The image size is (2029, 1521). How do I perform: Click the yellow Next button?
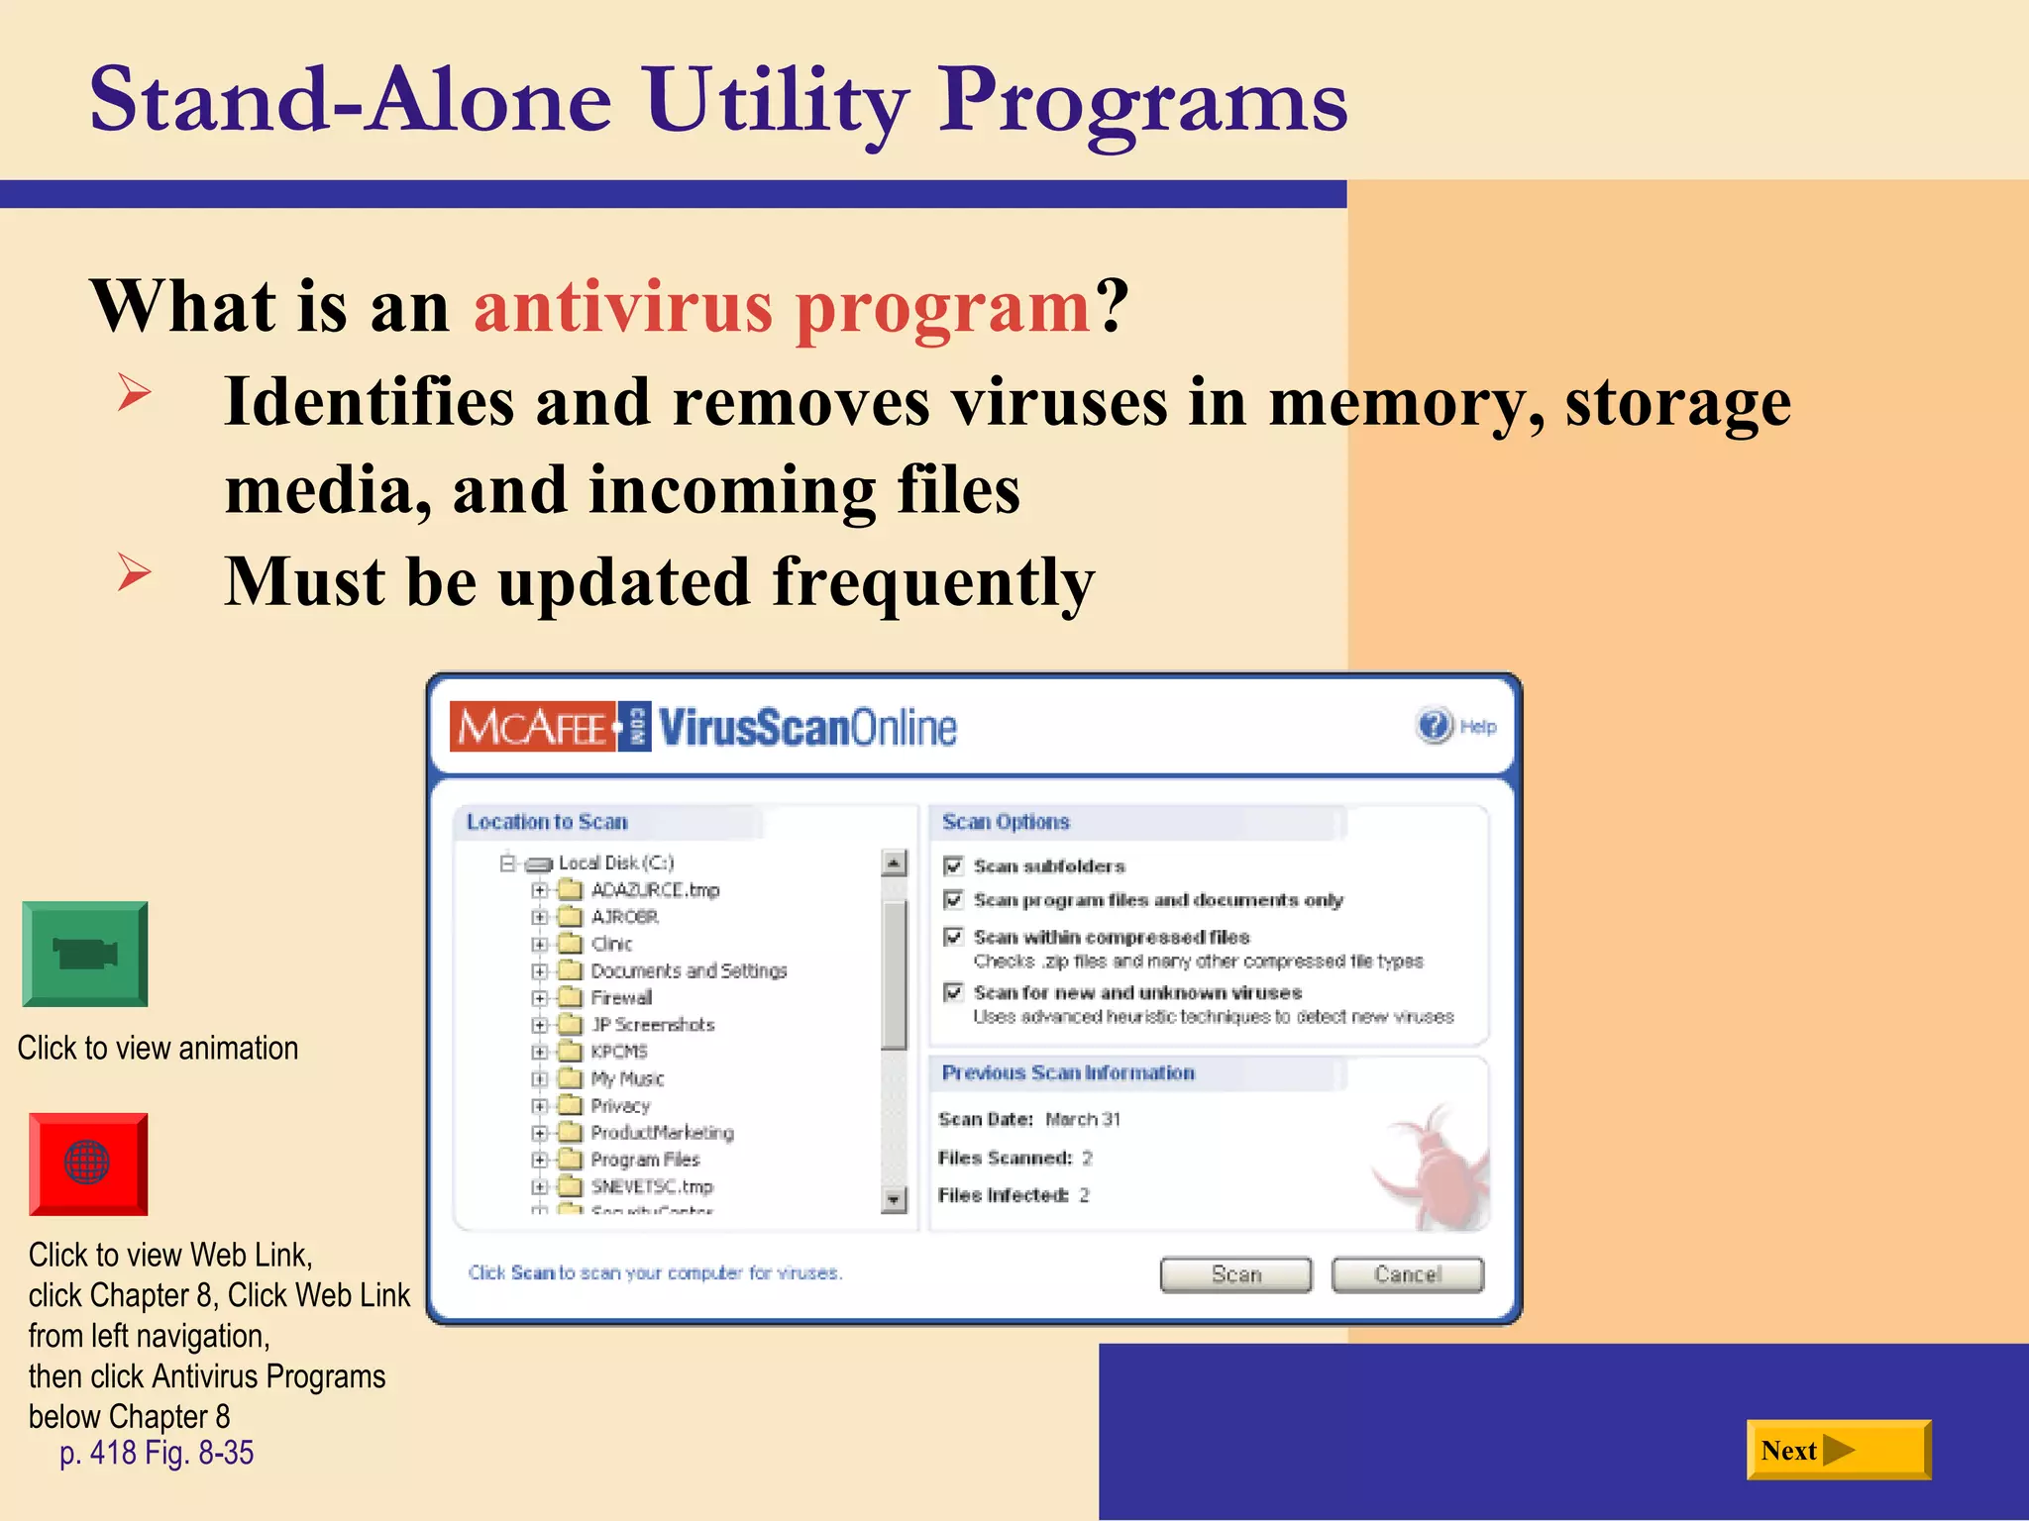pyautogui.click(x=1838, y=1451)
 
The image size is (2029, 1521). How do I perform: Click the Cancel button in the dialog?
pyautogui.click(x=1407, y=1274)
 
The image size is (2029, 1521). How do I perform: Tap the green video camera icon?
pyautogui.click(x=85, y=955)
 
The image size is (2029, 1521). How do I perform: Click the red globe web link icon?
pyautogui.click(x=87, y=1164)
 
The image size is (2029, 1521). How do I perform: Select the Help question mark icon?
pyautogui.click(x=1434, y=726)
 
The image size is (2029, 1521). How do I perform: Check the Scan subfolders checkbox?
pyautogui.click(x=953, y=866)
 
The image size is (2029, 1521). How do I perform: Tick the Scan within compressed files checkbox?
pyautogui.click(x=953, y=937)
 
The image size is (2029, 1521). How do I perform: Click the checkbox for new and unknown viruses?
pyautogui.click(x=953, y=992)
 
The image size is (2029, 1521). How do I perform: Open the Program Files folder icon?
pyautogui.click(x=570, y=1160)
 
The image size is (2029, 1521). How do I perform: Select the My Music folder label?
pyautogui.click(x=627, y=1078)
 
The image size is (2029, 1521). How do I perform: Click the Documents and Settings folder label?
pyautogui.click(x=689, y=970)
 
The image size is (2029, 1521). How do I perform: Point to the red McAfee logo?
pyautogui.click(x=532, y=727)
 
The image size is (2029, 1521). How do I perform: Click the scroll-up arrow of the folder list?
pyautogui.click(x=894, y=863)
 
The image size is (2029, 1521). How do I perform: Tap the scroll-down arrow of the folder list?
pyautogui.click(x=894, y=1200)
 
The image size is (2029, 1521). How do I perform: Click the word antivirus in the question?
pyautogui.click(x=623, y=307)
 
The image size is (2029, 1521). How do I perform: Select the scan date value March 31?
pyautogui.click(x=1083, y=1119)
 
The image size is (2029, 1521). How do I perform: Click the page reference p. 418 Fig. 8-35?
pyautogui.click(x=157, y=1453)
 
